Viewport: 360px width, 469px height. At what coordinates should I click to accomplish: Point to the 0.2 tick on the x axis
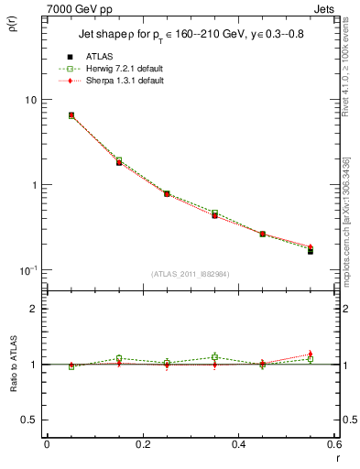142,444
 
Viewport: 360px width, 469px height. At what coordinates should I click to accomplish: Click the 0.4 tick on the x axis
238,444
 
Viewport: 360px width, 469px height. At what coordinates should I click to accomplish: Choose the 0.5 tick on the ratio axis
30,420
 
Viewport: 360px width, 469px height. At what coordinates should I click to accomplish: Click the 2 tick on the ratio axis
34,309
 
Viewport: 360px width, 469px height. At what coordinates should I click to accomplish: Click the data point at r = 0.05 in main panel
71,115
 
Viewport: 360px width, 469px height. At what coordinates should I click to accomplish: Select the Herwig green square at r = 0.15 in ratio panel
119,358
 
